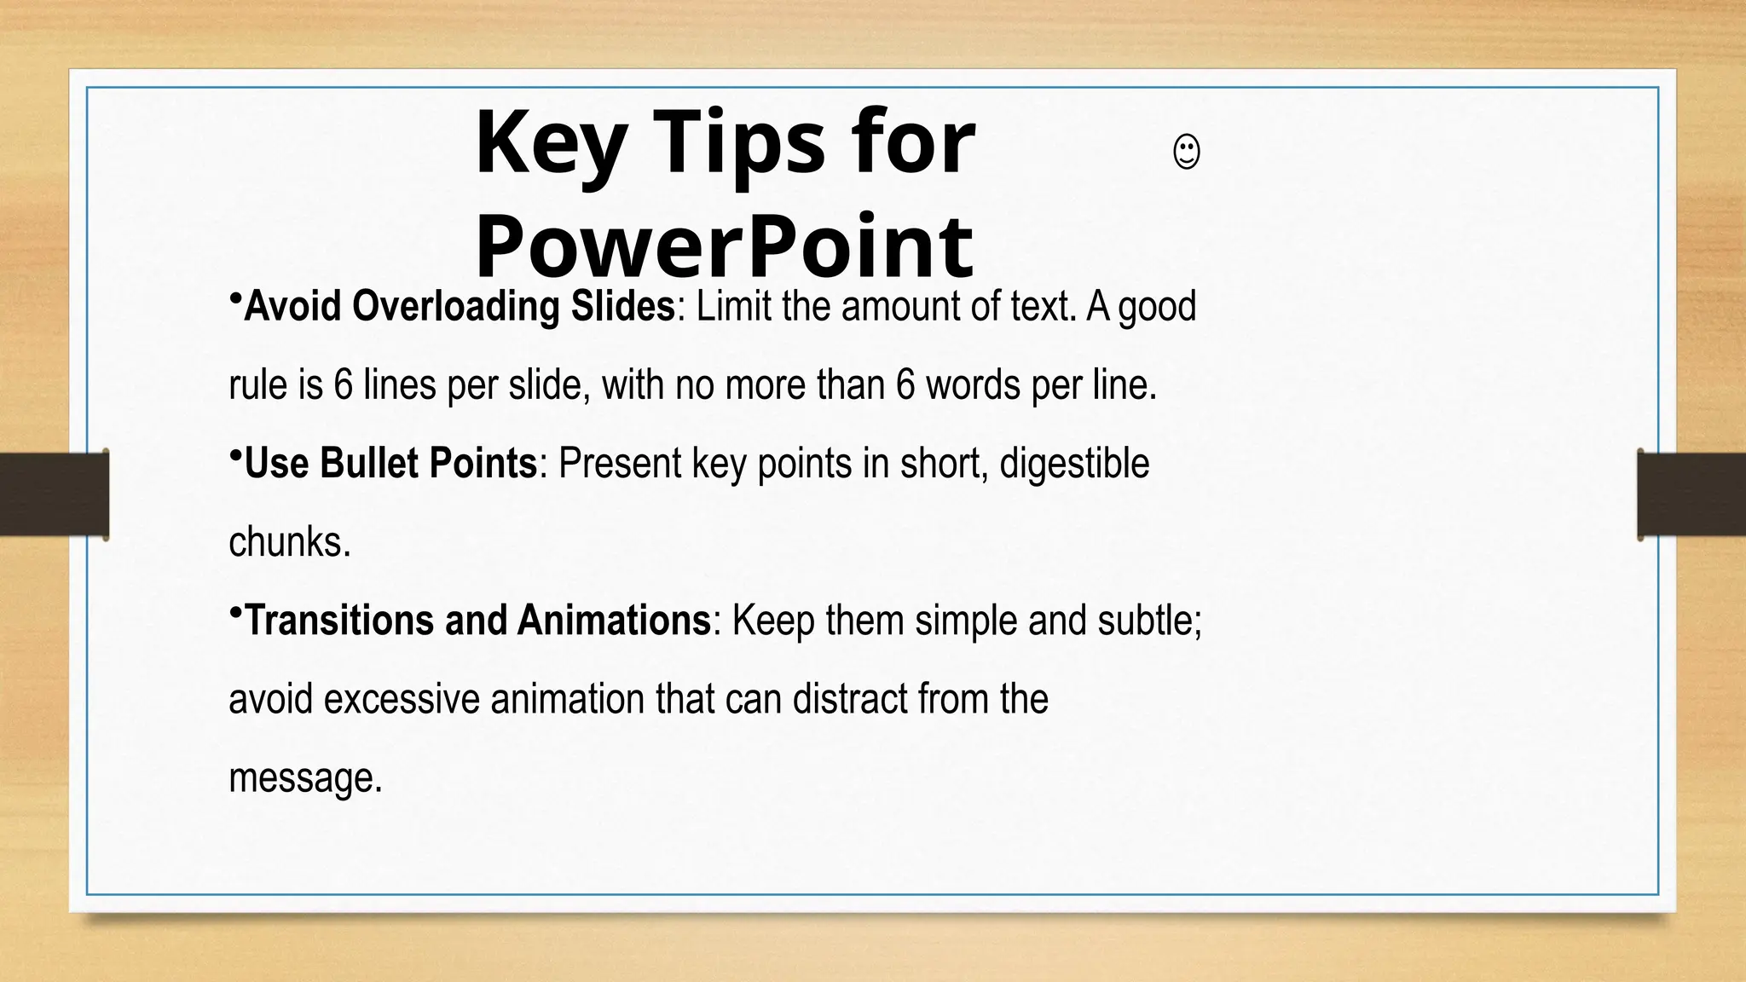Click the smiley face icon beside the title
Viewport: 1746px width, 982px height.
[1187, 153]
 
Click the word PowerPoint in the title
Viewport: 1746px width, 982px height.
[724, 246]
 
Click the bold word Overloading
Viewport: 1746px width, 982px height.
[456, 306]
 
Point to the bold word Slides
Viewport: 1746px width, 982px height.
[622, 306]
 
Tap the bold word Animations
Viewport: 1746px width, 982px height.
[613, 621]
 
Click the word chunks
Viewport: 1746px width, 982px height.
[289, 543]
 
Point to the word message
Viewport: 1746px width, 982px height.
[304, 778]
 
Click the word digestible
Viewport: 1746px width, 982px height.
[1074, 464]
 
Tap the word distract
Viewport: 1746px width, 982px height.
[850, 700]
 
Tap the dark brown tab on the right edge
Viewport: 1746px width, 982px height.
[1691, 494]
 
